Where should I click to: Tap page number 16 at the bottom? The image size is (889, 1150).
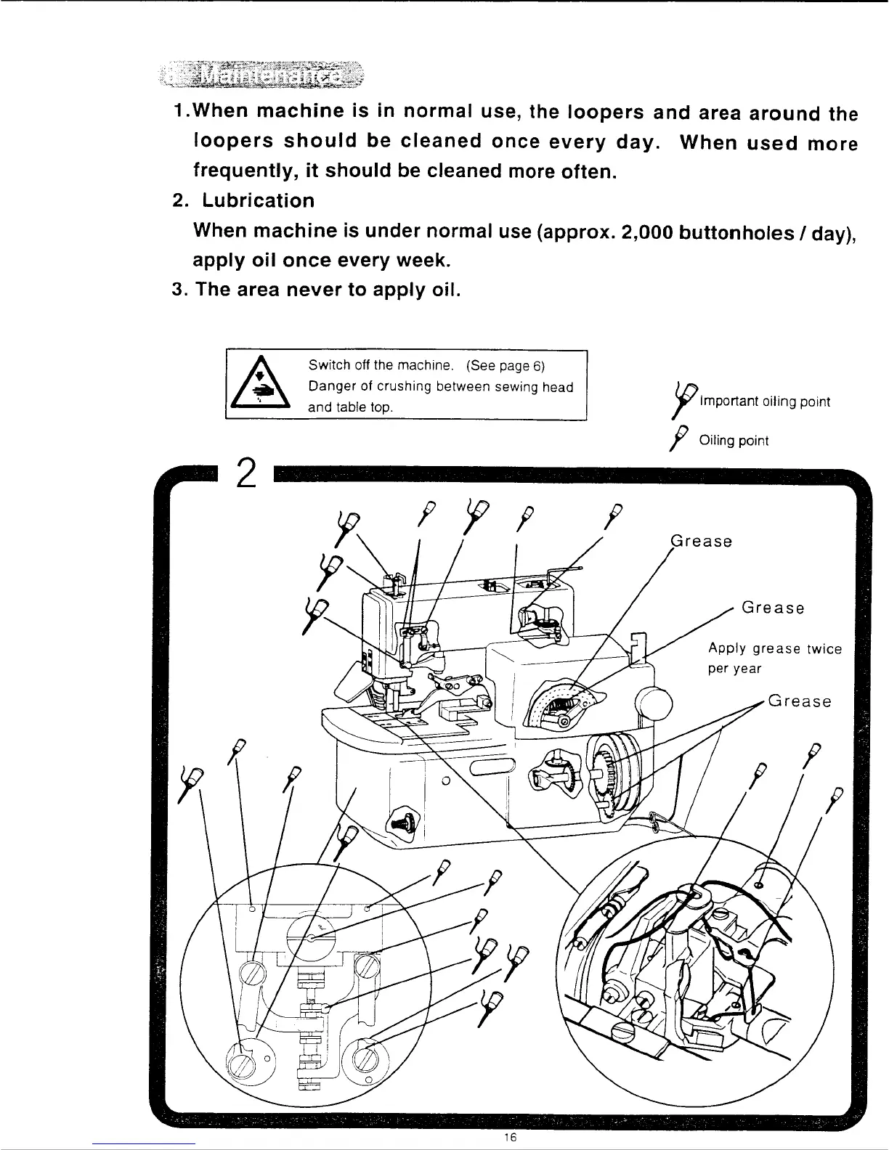pos(508,1138)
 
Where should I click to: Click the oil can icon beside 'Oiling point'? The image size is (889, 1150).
pos(680,440)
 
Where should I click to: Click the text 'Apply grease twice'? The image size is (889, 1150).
pos(775,649)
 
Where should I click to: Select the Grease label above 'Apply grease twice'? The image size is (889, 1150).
pos(773,608)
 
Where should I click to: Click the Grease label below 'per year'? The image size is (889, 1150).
pos(800,701)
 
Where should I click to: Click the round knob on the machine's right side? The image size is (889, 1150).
pos(654,703)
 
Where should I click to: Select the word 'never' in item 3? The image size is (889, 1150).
pos(325,290)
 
